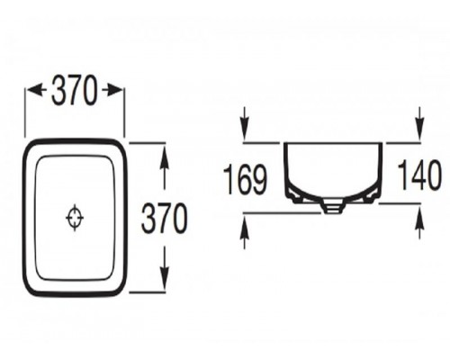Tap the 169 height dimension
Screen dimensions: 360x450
[x=245, y=178]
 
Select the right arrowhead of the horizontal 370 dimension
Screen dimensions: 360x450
[x=115, y=90]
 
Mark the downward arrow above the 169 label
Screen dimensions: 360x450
[x=245, y=126]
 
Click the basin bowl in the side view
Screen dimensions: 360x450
[x=333, y=171]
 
